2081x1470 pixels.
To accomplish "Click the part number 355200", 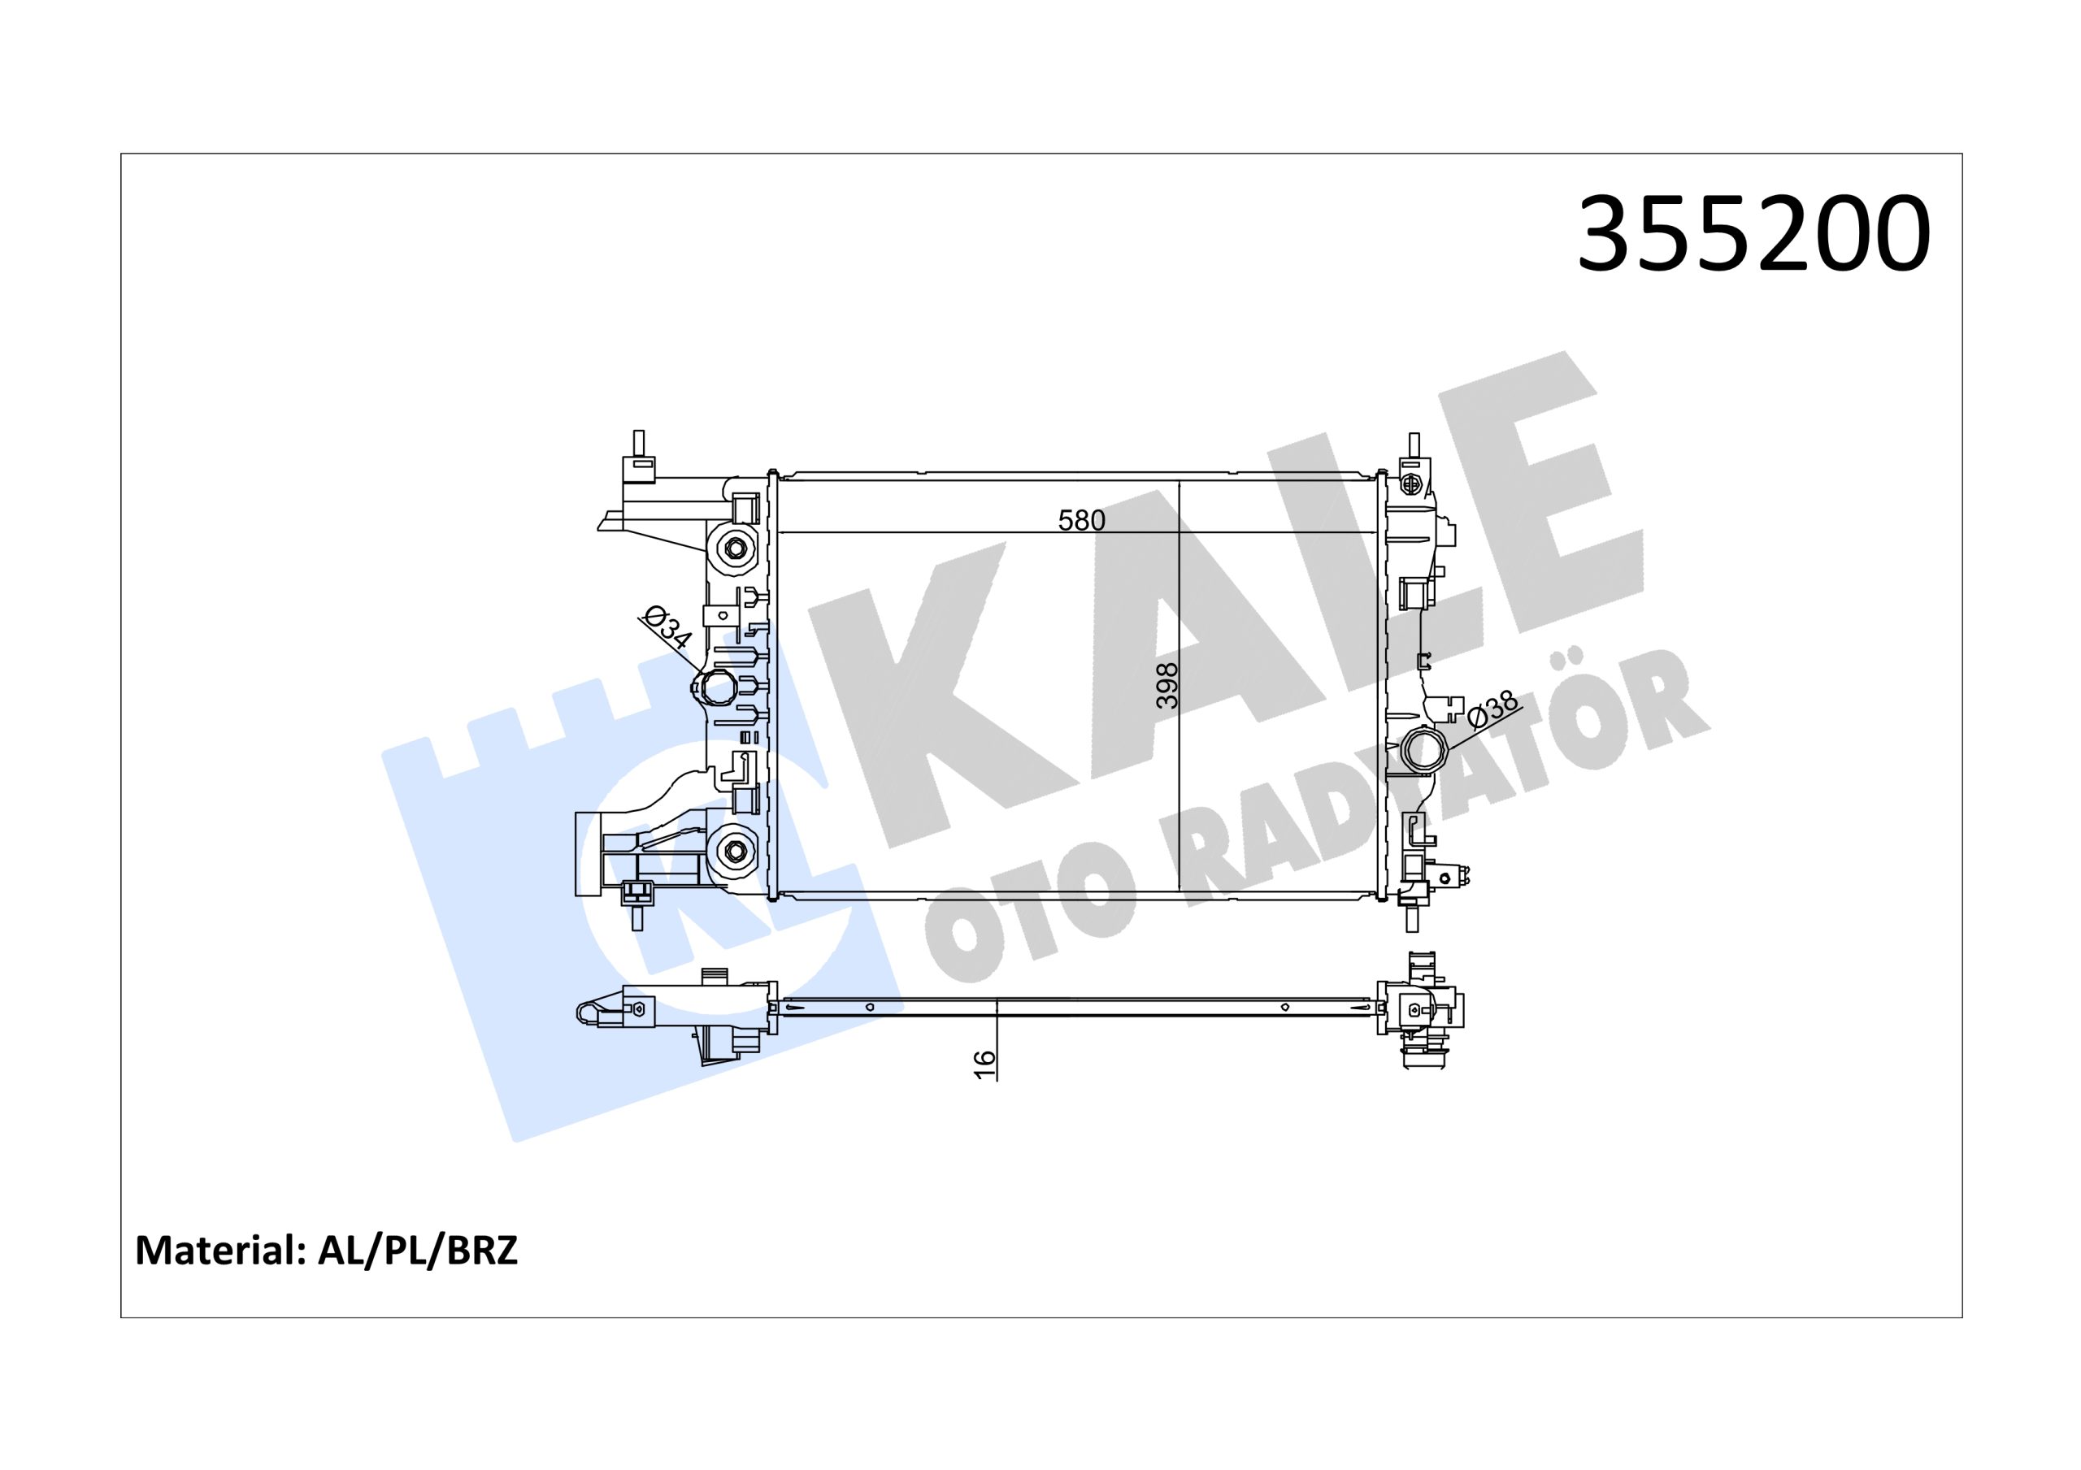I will click(1753, 234).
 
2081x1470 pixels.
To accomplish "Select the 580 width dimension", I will click(1081, 520).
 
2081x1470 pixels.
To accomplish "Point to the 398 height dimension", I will click(1167, 685).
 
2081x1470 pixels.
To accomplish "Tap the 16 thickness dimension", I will click(984, 1064).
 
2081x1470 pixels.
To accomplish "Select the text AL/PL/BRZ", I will click(418, 1250).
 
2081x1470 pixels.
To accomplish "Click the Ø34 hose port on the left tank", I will click(715, 687).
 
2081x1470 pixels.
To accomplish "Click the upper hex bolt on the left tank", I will click(733, 549).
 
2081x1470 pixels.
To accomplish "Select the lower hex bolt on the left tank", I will click(733, 849).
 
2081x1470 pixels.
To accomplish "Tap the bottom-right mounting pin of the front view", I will click(1413, 917).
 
